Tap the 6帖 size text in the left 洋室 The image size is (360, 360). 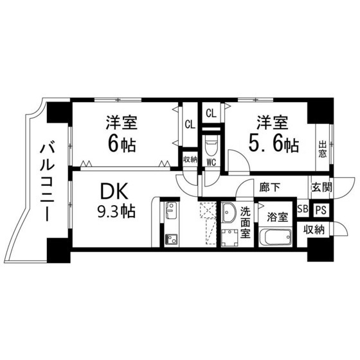coord(121,144)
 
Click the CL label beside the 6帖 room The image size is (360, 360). coord(190,125)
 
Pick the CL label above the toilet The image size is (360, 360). coord(211,113)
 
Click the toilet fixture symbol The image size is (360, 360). coord(211,144)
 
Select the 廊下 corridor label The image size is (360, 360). coord(269,188)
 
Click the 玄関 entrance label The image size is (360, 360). coord(320,187)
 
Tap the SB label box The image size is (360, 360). coord(302,209)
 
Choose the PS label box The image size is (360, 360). coord(320,209)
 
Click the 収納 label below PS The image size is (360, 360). coord(314,230)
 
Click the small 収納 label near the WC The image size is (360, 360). coord(190,159)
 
